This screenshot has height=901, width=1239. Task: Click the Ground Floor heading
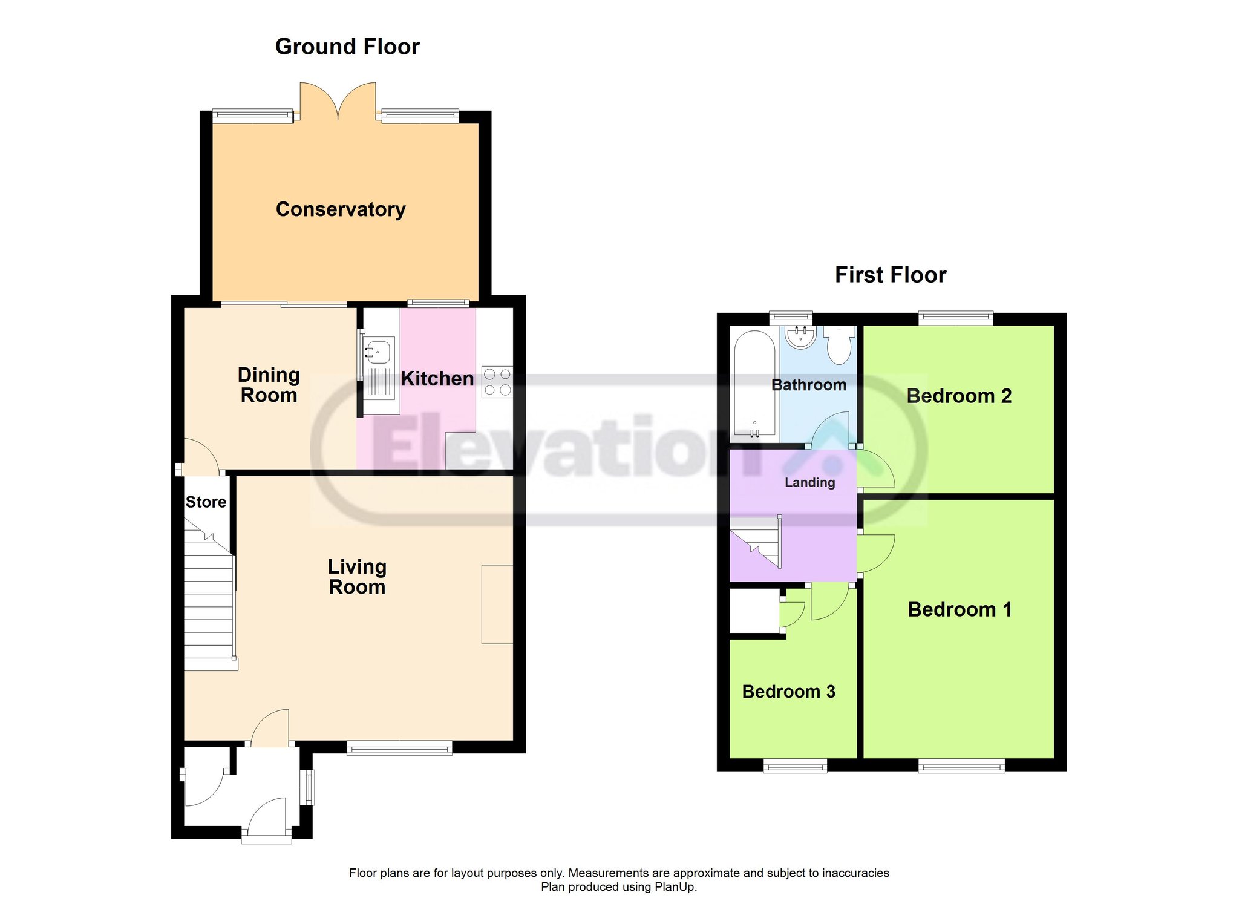click(x=347, y=47)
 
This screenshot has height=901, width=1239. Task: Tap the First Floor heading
click(x=891, y=275)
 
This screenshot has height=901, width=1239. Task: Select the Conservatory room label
click(x=341, y=209)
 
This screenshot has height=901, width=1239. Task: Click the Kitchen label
click(x=437, y=379)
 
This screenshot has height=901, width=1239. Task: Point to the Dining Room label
click(x=269, y=385)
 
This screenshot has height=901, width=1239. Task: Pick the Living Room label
click(x=357, y=577)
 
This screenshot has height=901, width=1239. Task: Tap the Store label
click(x=206, y=502)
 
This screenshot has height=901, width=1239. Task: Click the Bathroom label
click(x=809, y=385)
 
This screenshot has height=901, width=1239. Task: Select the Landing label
click(x=810, y=482)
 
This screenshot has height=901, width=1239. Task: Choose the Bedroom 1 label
click(x=959, y=609)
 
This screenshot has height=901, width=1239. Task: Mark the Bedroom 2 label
click(x=959, y=396)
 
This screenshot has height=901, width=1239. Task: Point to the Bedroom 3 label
click(x=789, y=692)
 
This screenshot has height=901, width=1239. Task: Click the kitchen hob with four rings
click(x=497, y=382)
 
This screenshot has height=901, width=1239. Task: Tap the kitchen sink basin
click(x=379, y=352)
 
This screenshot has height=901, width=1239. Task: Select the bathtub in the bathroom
click(x=754, y=383)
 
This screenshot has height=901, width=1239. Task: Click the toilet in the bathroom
click(x=840, y=345)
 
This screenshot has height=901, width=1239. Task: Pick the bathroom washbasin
click(x=801, y=336)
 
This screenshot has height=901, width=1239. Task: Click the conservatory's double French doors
click(x=338, y=102)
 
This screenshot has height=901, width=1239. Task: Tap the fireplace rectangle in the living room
click(x=497, y=604)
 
